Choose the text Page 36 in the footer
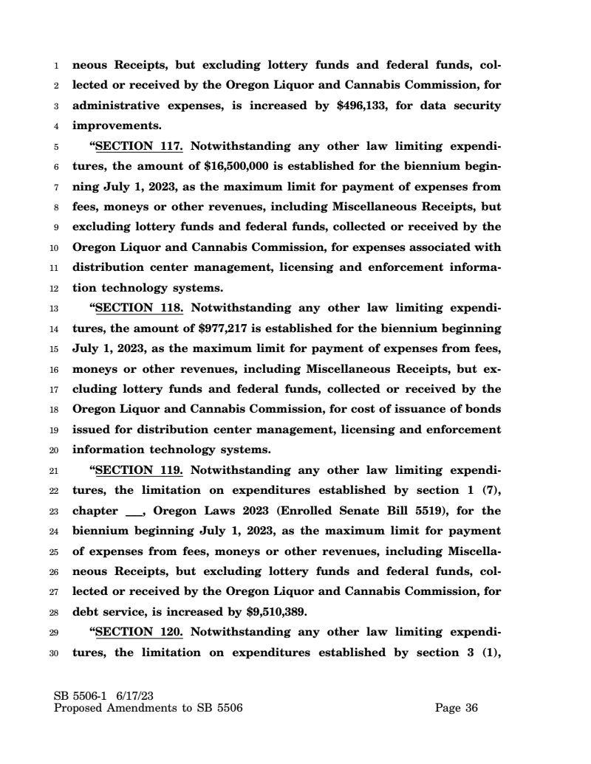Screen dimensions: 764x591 pos(457,709)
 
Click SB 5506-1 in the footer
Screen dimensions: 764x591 pos(80,695)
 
